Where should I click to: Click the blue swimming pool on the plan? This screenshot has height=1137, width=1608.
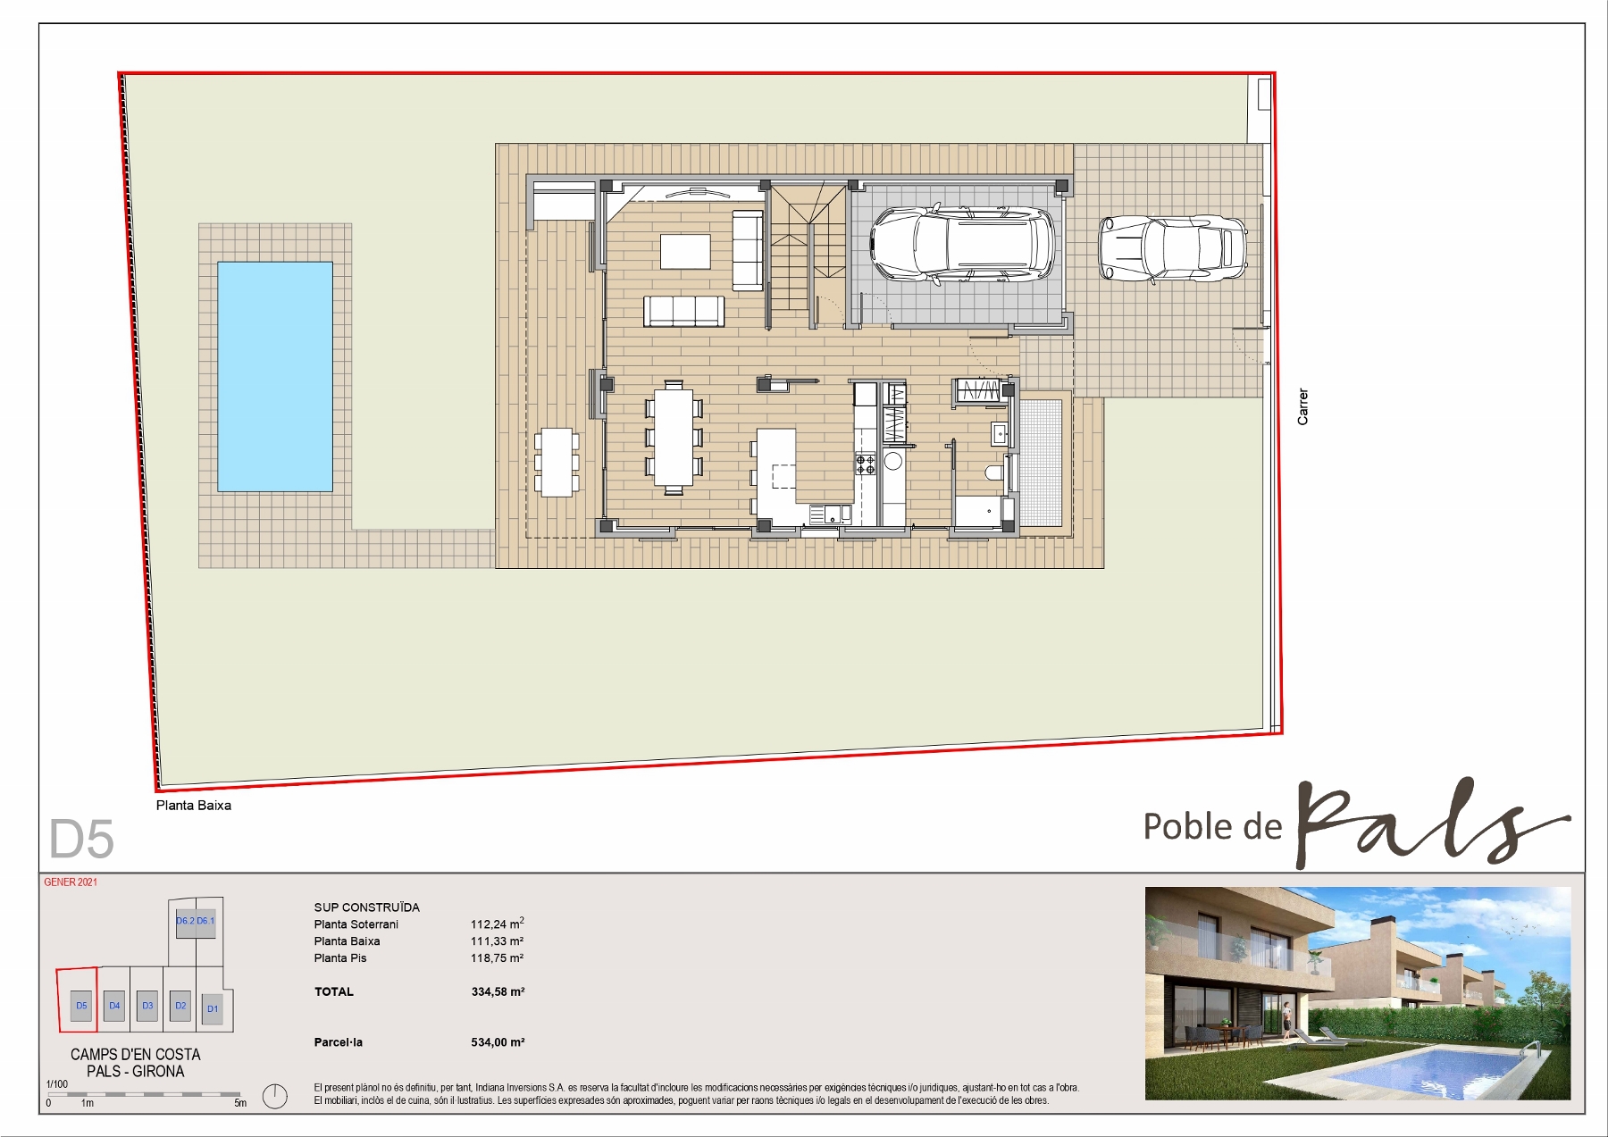[x=275, y=376]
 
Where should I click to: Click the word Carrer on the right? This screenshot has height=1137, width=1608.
[x=1302, y=406]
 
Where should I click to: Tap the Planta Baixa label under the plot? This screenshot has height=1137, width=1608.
[x=194, y=805]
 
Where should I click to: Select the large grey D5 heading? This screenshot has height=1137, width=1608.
[x=81, y=839]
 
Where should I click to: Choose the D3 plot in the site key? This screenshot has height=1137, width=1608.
[x=147, y=1006]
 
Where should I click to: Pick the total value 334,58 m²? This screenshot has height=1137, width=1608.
[x=498, y=991]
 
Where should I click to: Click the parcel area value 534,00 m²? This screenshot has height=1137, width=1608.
[x=498, y=1042]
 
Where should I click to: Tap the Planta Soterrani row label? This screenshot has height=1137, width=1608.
[x=356, y=924]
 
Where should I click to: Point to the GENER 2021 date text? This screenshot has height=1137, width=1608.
[x=71, y=882]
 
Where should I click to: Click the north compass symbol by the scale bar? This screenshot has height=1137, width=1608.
[x=275, y=1096]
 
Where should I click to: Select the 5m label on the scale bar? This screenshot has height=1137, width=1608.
[x=240, y=1103]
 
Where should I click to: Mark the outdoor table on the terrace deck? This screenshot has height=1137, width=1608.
[x=557, y=462]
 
